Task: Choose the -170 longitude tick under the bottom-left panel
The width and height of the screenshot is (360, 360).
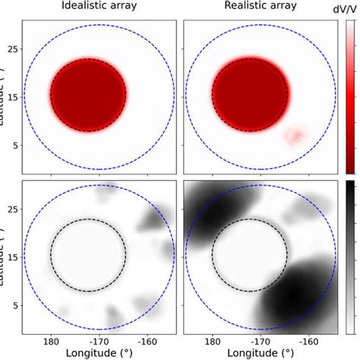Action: [x=99, y=343]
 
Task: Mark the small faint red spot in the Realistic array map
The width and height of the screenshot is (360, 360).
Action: [x=294, y=136]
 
